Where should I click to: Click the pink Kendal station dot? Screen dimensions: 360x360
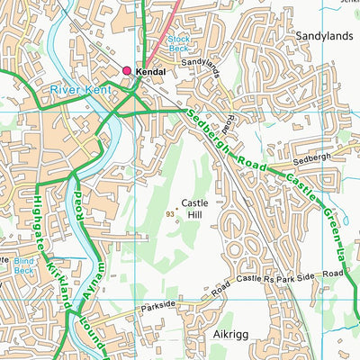(x=127, y=70)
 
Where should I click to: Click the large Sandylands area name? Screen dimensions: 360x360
(x=323, y=36)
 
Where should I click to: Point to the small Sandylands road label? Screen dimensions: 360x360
(x=200, y=64)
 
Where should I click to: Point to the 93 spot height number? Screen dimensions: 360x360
(x=170, y=213)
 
